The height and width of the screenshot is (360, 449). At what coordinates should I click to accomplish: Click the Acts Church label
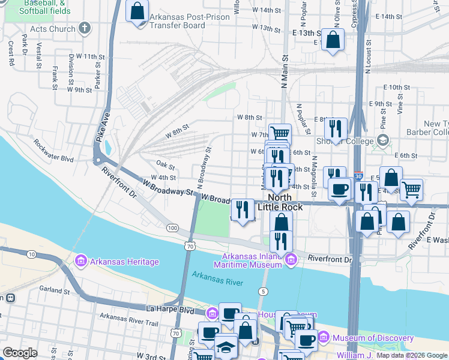[x=53, y=29]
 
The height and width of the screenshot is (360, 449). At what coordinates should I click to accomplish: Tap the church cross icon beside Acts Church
[x=85, y=28]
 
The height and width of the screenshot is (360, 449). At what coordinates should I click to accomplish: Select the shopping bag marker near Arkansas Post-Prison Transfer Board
[x=137, y=11]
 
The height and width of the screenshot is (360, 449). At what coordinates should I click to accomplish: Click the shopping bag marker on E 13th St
[x=332, y=40]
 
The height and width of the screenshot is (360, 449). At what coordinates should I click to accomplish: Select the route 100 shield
[x=173, y=228]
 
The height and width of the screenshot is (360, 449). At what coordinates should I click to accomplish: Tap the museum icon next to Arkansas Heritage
[x=80, y=261]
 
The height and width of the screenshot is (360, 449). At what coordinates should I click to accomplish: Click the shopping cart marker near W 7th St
[x=279, y=133]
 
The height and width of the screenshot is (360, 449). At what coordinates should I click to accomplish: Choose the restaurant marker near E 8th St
[x=336, y=128]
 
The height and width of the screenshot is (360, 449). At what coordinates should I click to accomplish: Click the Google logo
[x=20, y=353]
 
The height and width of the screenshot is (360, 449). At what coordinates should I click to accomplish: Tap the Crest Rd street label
[x=11, y=53]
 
